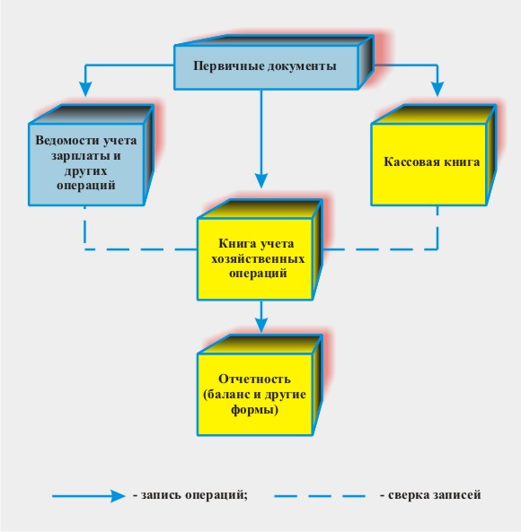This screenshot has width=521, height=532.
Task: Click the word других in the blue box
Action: click(85, 170)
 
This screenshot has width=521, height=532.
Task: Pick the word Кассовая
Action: click(410, 161)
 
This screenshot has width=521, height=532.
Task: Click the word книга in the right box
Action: click(459, 161)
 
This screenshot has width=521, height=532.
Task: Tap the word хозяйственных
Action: click(258, 258)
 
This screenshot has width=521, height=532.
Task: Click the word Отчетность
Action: click(254, 379)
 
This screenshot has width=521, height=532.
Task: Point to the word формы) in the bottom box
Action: click(254, 409)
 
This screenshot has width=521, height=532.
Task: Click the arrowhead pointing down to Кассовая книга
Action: click(437, 89)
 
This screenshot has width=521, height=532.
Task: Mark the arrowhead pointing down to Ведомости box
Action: click(85, 89)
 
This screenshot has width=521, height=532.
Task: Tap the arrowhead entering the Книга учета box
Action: click(261, 180)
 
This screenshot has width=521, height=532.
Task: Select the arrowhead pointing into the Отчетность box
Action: click(261, 325)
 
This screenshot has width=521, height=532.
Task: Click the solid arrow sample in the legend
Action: click(89, 496)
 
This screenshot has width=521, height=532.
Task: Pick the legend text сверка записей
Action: click(430, 494)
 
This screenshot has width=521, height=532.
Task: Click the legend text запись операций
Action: click(190, 495)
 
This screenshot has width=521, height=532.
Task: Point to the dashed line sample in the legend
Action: click(320, 496)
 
